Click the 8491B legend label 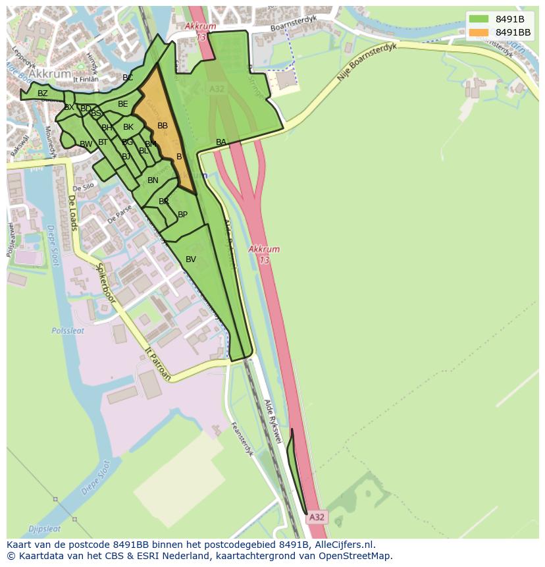pyautogui.click(x=509, y=18)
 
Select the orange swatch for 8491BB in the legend pyautogui.click(x=479, y=32)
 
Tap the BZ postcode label pyautogui.click(x=43, y=94)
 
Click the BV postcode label pyautogui.click(x=191, y=259)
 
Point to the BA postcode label pyautogui.click(x=221, y=142)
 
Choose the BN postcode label pyautogui.click(x=153, y=180)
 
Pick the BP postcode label pyautogui.click(x=182, y=215)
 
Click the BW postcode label pyautogui.click(x=86, y=144)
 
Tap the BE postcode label pyautogui.click(x=123, y=104)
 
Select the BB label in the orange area pyautogui.click(x=163, y=126)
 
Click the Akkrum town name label pyautogui.click(x=51, y=74)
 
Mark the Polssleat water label pyautogui.click(x=68, y=331)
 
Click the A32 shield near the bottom pyautogui.click(x=317, y=518)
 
